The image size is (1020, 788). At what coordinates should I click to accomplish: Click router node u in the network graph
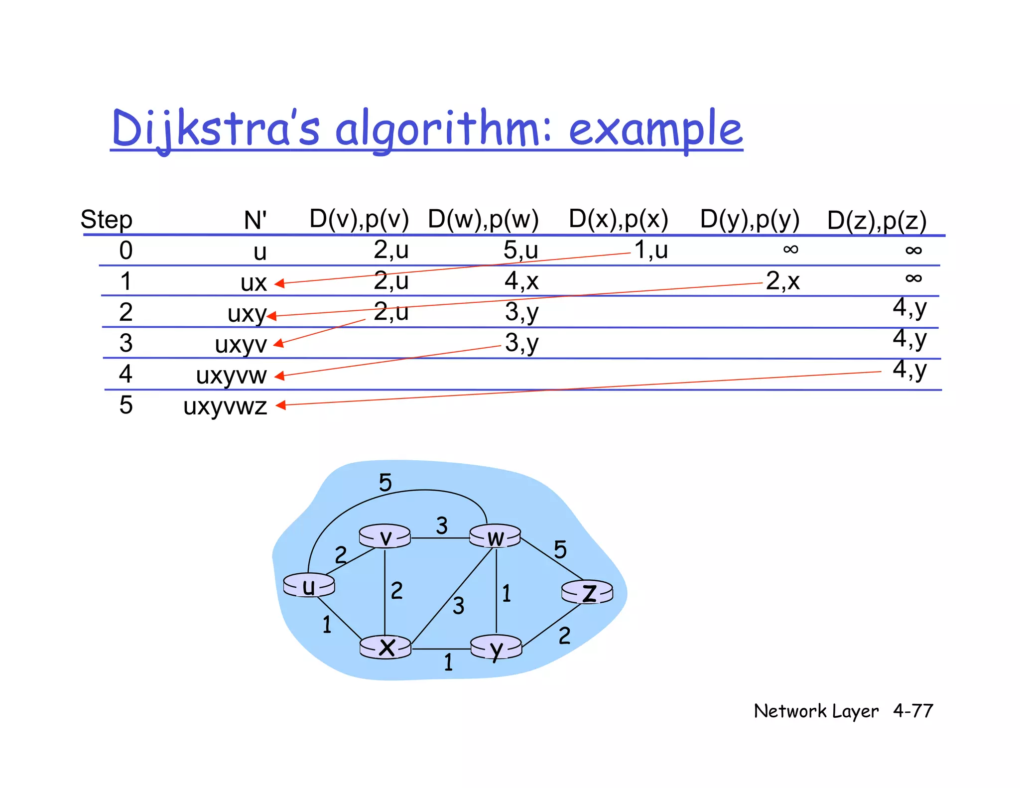click(309, 585)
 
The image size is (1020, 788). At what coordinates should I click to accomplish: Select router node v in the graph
click(385, 536)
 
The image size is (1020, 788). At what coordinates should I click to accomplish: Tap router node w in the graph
click(496, 536)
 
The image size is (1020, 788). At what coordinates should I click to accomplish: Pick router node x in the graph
click(386, 647)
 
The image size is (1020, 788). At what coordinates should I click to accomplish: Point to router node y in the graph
click(496, 648)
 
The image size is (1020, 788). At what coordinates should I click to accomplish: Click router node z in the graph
click(588, 592)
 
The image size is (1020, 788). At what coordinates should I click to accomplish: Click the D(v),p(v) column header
click(359, 219)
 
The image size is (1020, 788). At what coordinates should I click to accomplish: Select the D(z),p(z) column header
click(877, 221)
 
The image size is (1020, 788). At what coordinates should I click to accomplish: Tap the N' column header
click(255, 220)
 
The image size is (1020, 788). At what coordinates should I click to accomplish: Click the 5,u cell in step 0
click(520, 250)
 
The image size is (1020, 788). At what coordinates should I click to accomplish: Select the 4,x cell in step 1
click(521, 281)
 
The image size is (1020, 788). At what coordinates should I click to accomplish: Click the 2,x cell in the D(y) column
click(782, 281)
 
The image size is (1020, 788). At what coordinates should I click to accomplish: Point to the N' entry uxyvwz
click(225, 406)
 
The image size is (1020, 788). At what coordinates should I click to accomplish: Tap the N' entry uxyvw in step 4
click(232, 376)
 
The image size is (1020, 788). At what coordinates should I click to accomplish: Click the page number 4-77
click(913, 711)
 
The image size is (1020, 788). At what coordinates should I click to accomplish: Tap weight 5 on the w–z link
click(560, 549)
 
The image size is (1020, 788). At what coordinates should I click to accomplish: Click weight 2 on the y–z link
click(564, 636)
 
